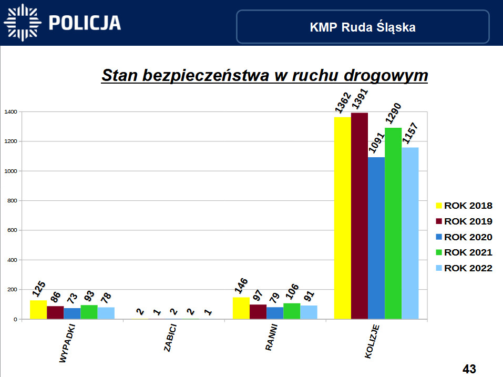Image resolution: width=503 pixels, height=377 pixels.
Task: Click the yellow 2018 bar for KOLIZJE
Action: tap(343, 218)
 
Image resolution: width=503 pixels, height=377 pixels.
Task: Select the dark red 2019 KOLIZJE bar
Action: tap(360, 216)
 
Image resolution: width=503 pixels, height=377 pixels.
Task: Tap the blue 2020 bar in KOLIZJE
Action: tap(376, 238)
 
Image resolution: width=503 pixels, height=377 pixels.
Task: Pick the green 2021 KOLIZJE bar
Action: tap(393, 223)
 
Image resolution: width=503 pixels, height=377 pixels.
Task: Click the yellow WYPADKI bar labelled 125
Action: tap(38, 310)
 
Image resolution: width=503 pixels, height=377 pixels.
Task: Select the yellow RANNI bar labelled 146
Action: tap(241, 308)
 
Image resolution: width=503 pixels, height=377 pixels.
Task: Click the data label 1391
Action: tap(360, 100)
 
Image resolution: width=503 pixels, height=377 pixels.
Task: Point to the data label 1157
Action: tap(410, 135)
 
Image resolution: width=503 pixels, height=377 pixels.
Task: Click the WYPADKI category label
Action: tap(68, 344)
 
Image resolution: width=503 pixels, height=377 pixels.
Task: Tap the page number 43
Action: tap(469, 369)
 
